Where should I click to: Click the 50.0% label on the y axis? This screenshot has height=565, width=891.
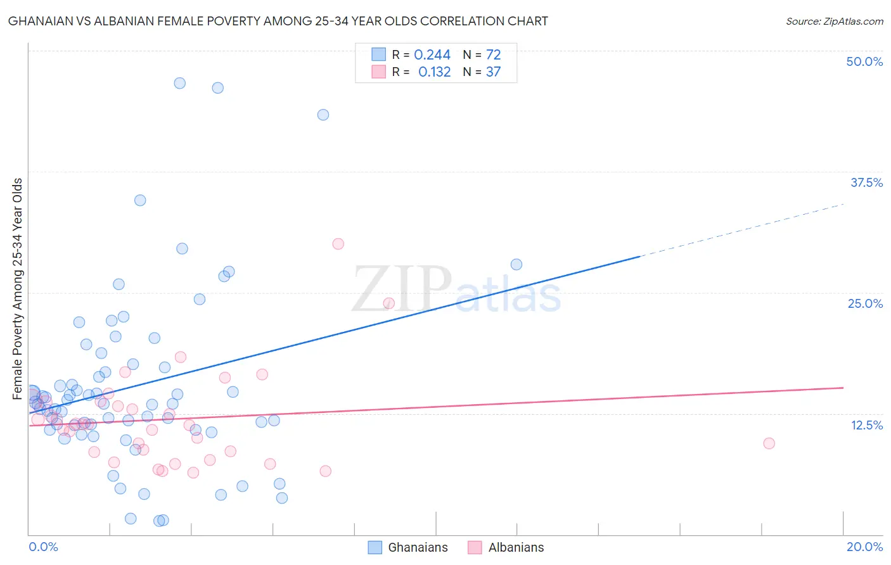tap(864, 61)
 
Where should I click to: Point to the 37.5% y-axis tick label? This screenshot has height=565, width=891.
tap(866, 182)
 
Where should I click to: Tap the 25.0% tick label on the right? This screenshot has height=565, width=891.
tap(865, 303)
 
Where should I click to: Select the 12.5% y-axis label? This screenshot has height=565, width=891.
tap(866, 425)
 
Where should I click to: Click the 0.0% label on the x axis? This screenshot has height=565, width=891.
tap(43, 547)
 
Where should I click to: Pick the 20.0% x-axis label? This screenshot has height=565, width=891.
tap(864, 547)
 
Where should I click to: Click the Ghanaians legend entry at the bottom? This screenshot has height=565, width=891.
tap(409, 547)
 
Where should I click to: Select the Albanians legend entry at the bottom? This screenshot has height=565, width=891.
tap(506, 547)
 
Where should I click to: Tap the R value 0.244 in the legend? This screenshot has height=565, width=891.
tap(432, 55)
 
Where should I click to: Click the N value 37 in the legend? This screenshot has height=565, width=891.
tap(493, 72)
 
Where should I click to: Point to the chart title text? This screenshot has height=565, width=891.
tap(278, 21)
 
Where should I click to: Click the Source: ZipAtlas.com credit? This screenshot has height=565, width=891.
tap(834, 22)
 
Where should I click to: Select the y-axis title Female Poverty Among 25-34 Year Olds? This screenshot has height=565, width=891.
tap(18, 289)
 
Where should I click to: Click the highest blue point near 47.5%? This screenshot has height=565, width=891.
tap(180, 83)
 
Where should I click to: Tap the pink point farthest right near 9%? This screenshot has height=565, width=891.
tap(769, 443)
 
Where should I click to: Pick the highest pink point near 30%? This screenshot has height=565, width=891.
tap(338, 244)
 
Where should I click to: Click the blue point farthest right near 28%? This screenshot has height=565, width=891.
tap(516, 264)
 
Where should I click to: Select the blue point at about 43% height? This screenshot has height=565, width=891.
tap(323, 115)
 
